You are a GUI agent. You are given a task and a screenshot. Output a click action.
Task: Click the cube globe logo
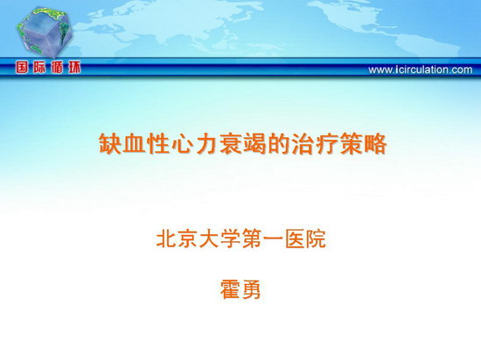click(45, 31)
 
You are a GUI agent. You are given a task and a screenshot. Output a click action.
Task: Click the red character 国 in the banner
click(22, 67)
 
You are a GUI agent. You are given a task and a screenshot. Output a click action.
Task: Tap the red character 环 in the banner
click(74, 67)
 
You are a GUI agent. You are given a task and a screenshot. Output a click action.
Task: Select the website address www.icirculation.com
click(421, 70)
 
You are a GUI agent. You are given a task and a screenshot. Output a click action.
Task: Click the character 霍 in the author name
click(230, 289)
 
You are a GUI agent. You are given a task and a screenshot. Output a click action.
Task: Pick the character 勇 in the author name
click(251, 289)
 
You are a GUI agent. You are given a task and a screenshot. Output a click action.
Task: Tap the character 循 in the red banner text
click(57, 67)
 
